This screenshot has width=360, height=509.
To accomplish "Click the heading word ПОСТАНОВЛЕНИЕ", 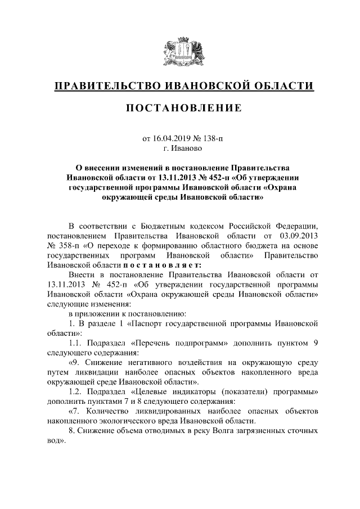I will [x=180, y=108].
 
